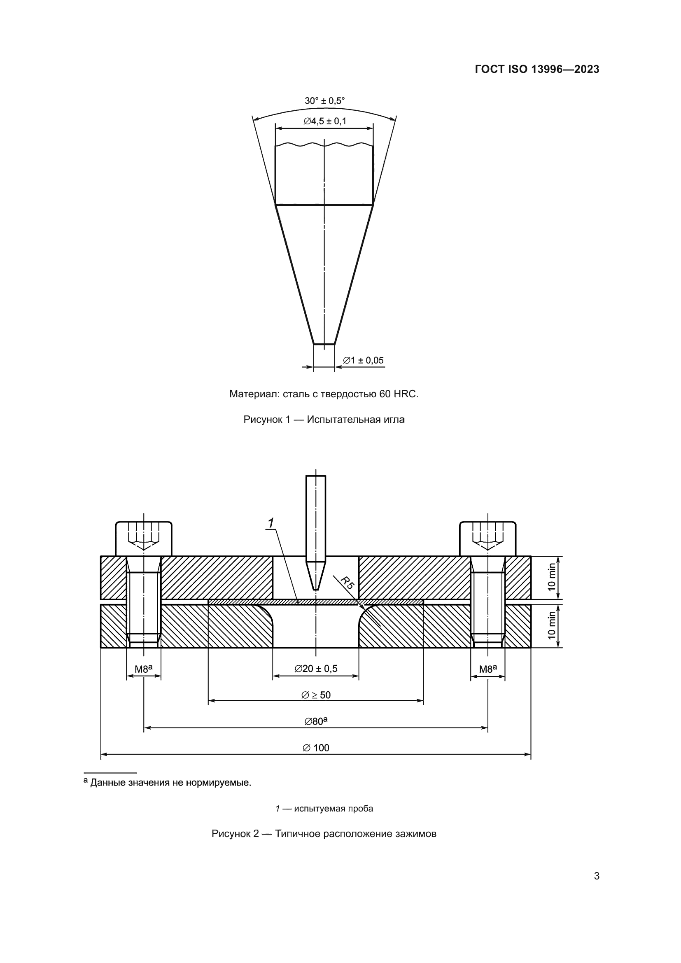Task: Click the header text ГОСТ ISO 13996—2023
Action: tap(537, 69)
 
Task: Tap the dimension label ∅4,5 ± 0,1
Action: tap(325, 121)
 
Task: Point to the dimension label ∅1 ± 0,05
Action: tap(363, 360)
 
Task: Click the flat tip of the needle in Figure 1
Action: tap(324, 344)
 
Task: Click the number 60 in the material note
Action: tap(385, 394)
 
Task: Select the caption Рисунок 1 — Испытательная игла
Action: tap(324, 420)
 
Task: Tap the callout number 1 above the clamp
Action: tap(271, 523)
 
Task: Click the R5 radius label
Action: tap(347, 583)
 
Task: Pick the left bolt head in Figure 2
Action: tap(144, 539)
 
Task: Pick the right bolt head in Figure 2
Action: tap(487, 539)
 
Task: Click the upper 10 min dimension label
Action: tap(552, 578)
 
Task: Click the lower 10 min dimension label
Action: tap(552, 625)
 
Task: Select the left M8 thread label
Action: tap(143, 669)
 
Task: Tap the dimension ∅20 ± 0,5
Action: tap(316, 669)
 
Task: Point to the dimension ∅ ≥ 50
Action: tap(316, 695)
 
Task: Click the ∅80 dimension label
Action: tap(316, 721)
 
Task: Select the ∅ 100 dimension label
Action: tap(316, 748)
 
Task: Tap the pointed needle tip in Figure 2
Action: tap(316, 589)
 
